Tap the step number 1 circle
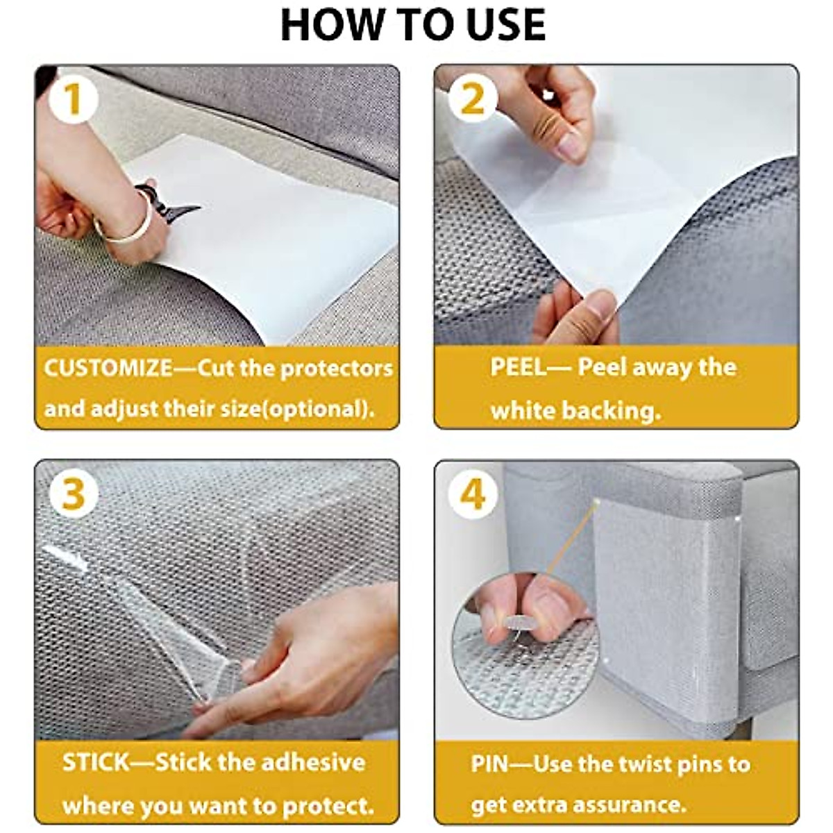point(74,100)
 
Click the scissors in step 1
point(167,203)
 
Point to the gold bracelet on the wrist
point(126,221)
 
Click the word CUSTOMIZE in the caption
point(108,369)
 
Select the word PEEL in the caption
point(519,367)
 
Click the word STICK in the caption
point(96,762)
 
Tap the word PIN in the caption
point(489,764)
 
